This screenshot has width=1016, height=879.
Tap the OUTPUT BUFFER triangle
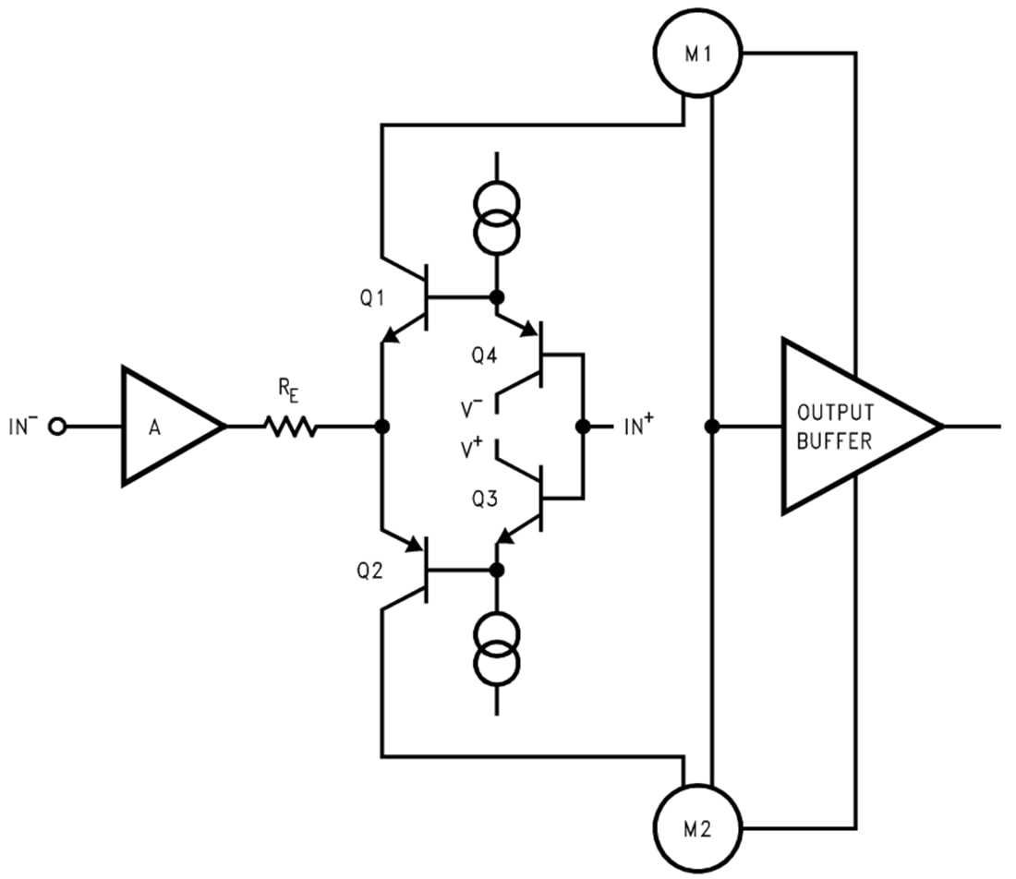[845, 426]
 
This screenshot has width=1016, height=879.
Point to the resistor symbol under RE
[291, 426]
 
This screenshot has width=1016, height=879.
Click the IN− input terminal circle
[59, 427]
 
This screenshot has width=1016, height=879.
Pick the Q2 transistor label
[369, 571]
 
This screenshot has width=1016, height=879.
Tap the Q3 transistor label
[484, 500]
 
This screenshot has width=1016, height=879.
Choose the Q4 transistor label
[484, 355]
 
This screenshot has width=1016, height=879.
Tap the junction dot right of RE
[381, 427]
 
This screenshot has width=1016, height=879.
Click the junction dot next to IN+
[583, 427]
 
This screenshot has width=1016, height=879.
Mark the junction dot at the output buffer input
[711, 427]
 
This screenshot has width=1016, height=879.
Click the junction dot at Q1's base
[497, 297]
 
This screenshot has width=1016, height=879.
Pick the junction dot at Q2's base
[497, 570]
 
